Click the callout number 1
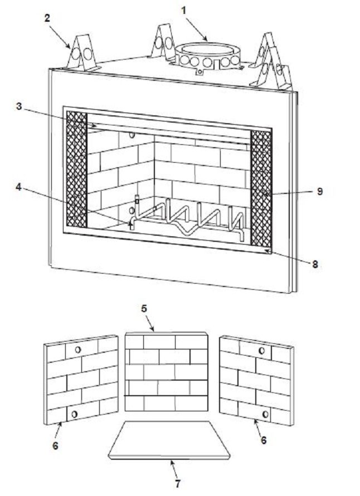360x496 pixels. coord(183,11)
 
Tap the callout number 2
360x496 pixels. coord(47,18)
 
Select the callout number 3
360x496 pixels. coord(19,106)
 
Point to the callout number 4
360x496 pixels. coord(19,187)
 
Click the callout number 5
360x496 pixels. coord(144,308)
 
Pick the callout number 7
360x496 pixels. coord(177,483)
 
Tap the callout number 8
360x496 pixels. coord(315,265)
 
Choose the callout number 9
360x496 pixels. coord(319,191)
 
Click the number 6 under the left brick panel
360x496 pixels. coord(55,446)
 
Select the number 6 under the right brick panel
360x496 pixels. coord(264,440)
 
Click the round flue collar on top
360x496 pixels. coord(207,56)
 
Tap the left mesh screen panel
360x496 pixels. coord(76,169)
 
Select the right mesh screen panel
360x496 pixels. coord(261,189)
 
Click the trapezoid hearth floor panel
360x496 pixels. coord(169,440)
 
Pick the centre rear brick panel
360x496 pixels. coord(167,372)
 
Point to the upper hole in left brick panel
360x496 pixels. coord(77,349)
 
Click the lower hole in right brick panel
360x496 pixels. coord(265,414)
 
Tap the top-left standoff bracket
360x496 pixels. coord(82,52)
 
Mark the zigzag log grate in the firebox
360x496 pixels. coord(188,221)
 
